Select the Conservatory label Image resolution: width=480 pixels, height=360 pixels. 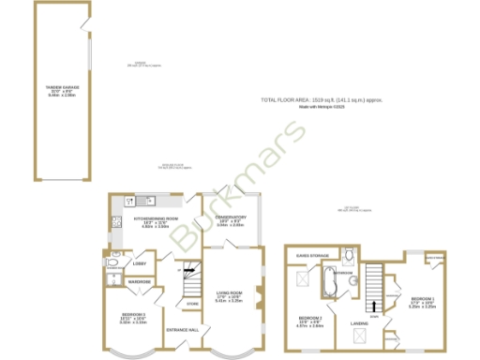click(231, 220)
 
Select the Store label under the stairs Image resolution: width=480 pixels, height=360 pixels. click(192, 304)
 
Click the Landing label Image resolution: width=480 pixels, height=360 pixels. click(359, 323)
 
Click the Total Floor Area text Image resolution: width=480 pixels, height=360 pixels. click(322, 100)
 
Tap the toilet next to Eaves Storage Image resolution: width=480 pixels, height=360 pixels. click(348, 255)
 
